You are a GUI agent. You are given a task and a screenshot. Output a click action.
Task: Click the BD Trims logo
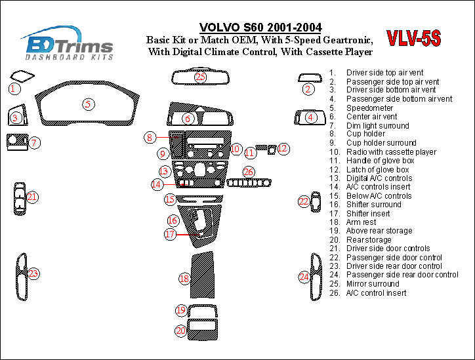[x=68, y=45]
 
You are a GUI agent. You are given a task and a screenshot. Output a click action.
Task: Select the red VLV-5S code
[x=413, y=39]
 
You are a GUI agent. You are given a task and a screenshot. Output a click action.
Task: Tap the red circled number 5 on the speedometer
[x=87, y=104]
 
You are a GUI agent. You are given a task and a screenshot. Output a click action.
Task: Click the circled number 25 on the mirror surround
[x=201, y=77]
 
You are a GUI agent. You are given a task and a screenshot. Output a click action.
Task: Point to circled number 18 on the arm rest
[x=185, y=279]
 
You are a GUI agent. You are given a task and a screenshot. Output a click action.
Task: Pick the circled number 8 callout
[x=150, y=138]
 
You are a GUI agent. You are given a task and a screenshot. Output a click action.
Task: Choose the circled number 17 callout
[x=171, y=233]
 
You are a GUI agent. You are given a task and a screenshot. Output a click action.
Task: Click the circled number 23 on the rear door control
[x=33, y=273]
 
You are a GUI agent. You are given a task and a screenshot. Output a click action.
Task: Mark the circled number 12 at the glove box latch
[x=283, y=149]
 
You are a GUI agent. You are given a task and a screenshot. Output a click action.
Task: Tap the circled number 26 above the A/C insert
[x=248, y=172]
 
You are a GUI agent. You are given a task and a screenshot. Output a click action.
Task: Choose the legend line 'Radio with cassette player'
[x=391, y=152]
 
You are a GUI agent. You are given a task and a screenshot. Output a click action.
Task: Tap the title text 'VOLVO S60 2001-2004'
[x=260, y=28]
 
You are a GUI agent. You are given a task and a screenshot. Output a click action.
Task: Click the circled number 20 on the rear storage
[x=180, y=331]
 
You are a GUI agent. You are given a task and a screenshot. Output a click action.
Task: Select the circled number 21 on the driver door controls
[x=32, y=196]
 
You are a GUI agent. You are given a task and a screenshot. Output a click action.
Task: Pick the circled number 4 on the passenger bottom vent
[x=310, y=117]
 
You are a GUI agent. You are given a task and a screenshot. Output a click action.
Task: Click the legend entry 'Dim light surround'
[x=377, y=126]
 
